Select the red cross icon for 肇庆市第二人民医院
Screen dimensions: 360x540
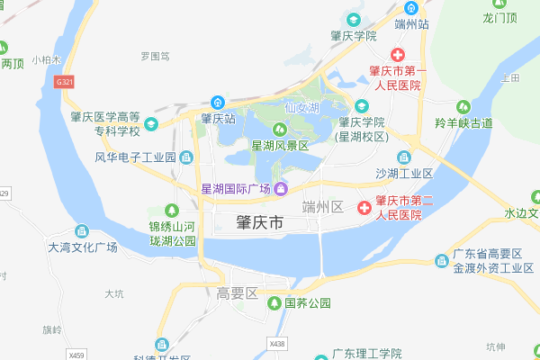pyautogui.click(x=364, y=208)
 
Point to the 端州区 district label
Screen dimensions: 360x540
pyautogui.click(x=323, y=207)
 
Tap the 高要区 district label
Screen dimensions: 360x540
pyautogui.click(x=238, y=293)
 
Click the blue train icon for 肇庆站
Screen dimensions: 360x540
pyautogui.click(x=217, y=102)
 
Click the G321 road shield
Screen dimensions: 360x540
pyautogui.click(x=64, y=82)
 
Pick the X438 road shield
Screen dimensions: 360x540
pyautogui.click(x=276, y=343)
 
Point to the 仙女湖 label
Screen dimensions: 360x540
pyautogui.click(x=302, y=107)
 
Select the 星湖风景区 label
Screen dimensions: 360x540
pyautogui.click(x=280, y=145)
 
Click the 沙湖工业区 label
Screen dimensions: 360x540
pyautogui.click(x=404, y=173)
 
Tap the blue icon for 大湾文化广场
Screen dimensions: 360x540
pyautogui.click(x=81, y=231)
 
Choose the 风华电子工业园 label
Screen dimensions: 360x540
pyautogui.click(x=135, y=157)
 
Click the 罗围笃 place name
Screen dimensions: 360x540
pyautogui.click(x=155, y=56)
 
